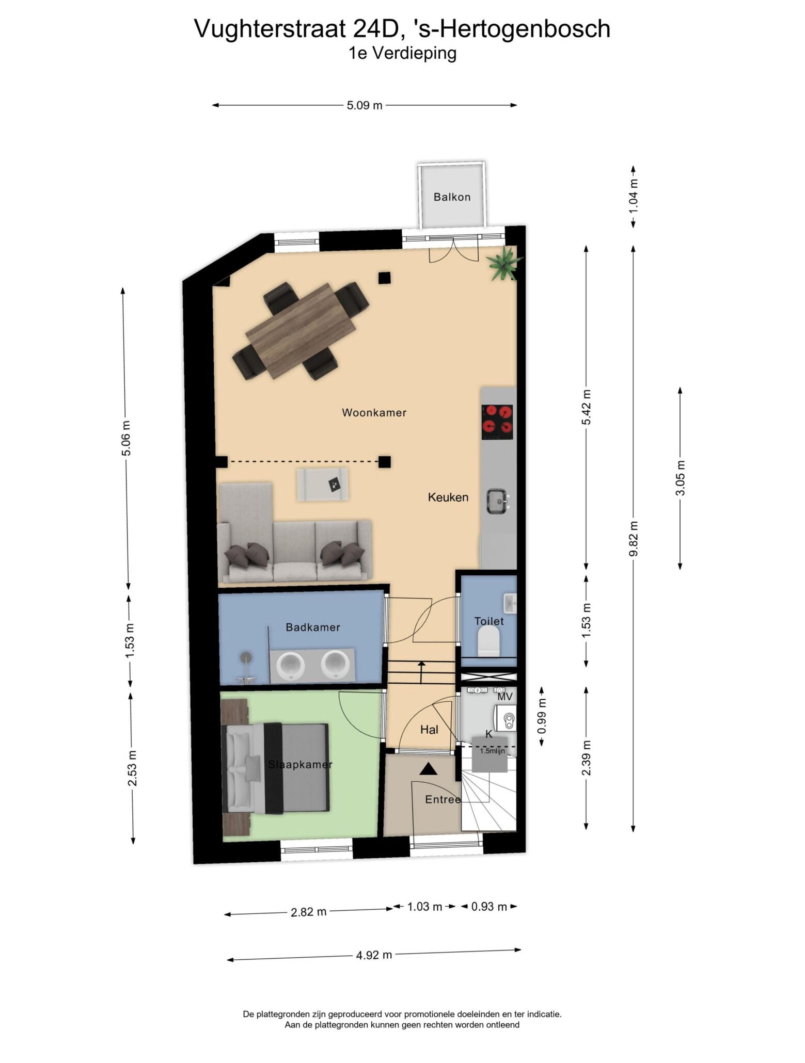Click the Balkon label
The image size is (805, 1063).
tap(452, 197)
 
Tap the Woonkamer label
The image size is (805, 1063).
tap(374, 412)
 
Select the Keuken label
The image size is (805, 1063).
tap(448, 497)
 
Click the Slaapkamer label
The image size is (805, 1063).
tap(300, 764)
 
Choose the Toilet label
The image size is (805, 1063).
tap(489, 621)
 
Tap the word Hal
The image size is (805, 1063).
tap(429, 729)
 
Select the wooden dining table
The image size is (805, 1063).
tap(301, 331)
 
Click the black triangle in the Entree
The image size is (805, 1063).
tap(427, 769)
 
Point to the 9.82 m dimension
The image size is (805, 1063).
tap(634, 538)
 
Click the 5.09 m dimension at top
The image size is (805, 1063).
tap(365, 105)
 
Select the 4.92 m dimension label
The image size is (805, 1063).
tap(374, 955)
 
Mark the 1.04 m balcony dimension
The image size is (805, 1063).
tap(634, 196)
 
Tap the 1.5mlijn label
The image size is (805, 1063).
tap(492, 751)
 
